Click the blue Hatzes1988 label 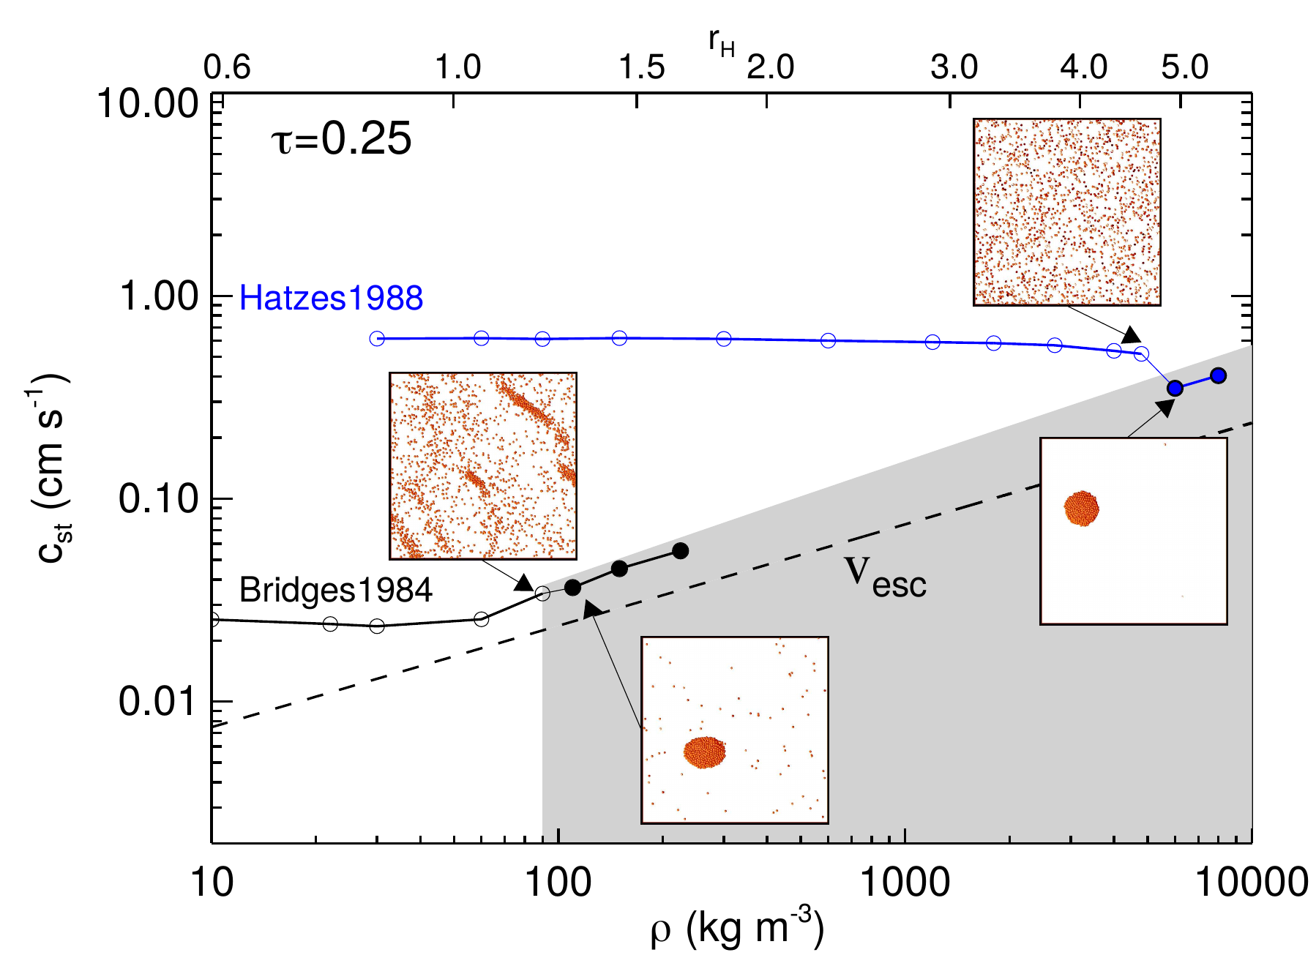point(331,299)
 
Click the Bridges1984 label point(335,591)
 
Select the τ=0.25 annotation point(341,139)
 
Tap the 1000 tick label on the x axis point(905,882)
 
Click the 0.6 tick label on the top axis point(227,68)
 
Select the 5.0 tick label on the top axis point(1184,68)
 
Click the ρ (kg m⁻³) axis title point(737,929)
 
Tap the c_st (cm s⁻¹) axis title point(53,468)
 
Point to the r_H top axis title point(721,44)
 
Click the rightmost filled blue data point point(1218,376)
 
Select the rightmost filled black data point point(680,551)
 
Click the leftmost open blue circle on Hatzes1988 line point(377,338)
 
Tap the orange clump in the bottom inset point(705,752)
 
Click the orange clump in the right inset point(1081,508)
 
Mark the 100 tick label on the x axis point(558,882)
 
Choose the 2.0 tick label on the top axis point(770,68)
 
